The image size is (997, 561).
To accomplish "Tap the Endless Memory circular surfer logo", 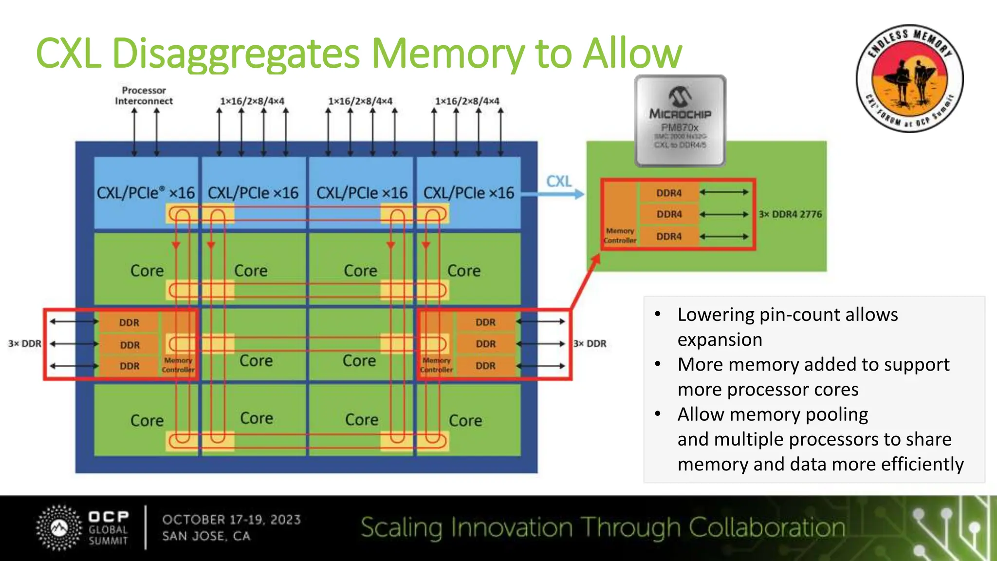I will pos(909,78).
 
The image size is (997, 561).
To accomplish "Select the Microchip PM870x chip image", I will pos(680,120).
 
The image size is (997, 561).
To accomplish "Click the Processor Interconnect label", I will pos(144,96).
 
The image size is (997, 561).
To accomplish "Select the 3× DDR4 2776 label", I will pos(790,214).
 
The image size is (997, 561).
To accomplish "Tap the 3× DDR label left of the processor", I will pos(24,343).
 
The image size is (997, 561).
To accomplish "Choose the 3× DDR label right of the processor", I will pos(590,343).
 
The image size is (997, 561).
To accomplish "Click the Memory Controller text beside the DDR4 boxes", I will pos(620,236).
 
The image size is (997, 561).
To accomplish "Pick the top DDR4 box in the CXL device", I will pos(669,193).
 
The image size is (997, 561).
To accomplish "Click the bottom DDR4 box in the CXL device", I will pos(669,236).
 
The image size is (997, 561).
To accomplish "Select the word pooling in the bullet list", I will pos(837,414).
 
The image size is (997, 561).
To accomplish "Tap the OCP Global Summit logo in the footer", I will pos(83,528).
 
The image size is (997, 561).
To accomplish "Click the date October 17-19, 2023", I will pos(231,520).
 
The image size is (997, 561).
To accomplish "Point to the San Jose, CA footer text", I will pos(206,536).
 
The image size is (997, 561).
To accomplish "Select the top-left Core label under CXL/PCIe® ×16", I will pos(147,271).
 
